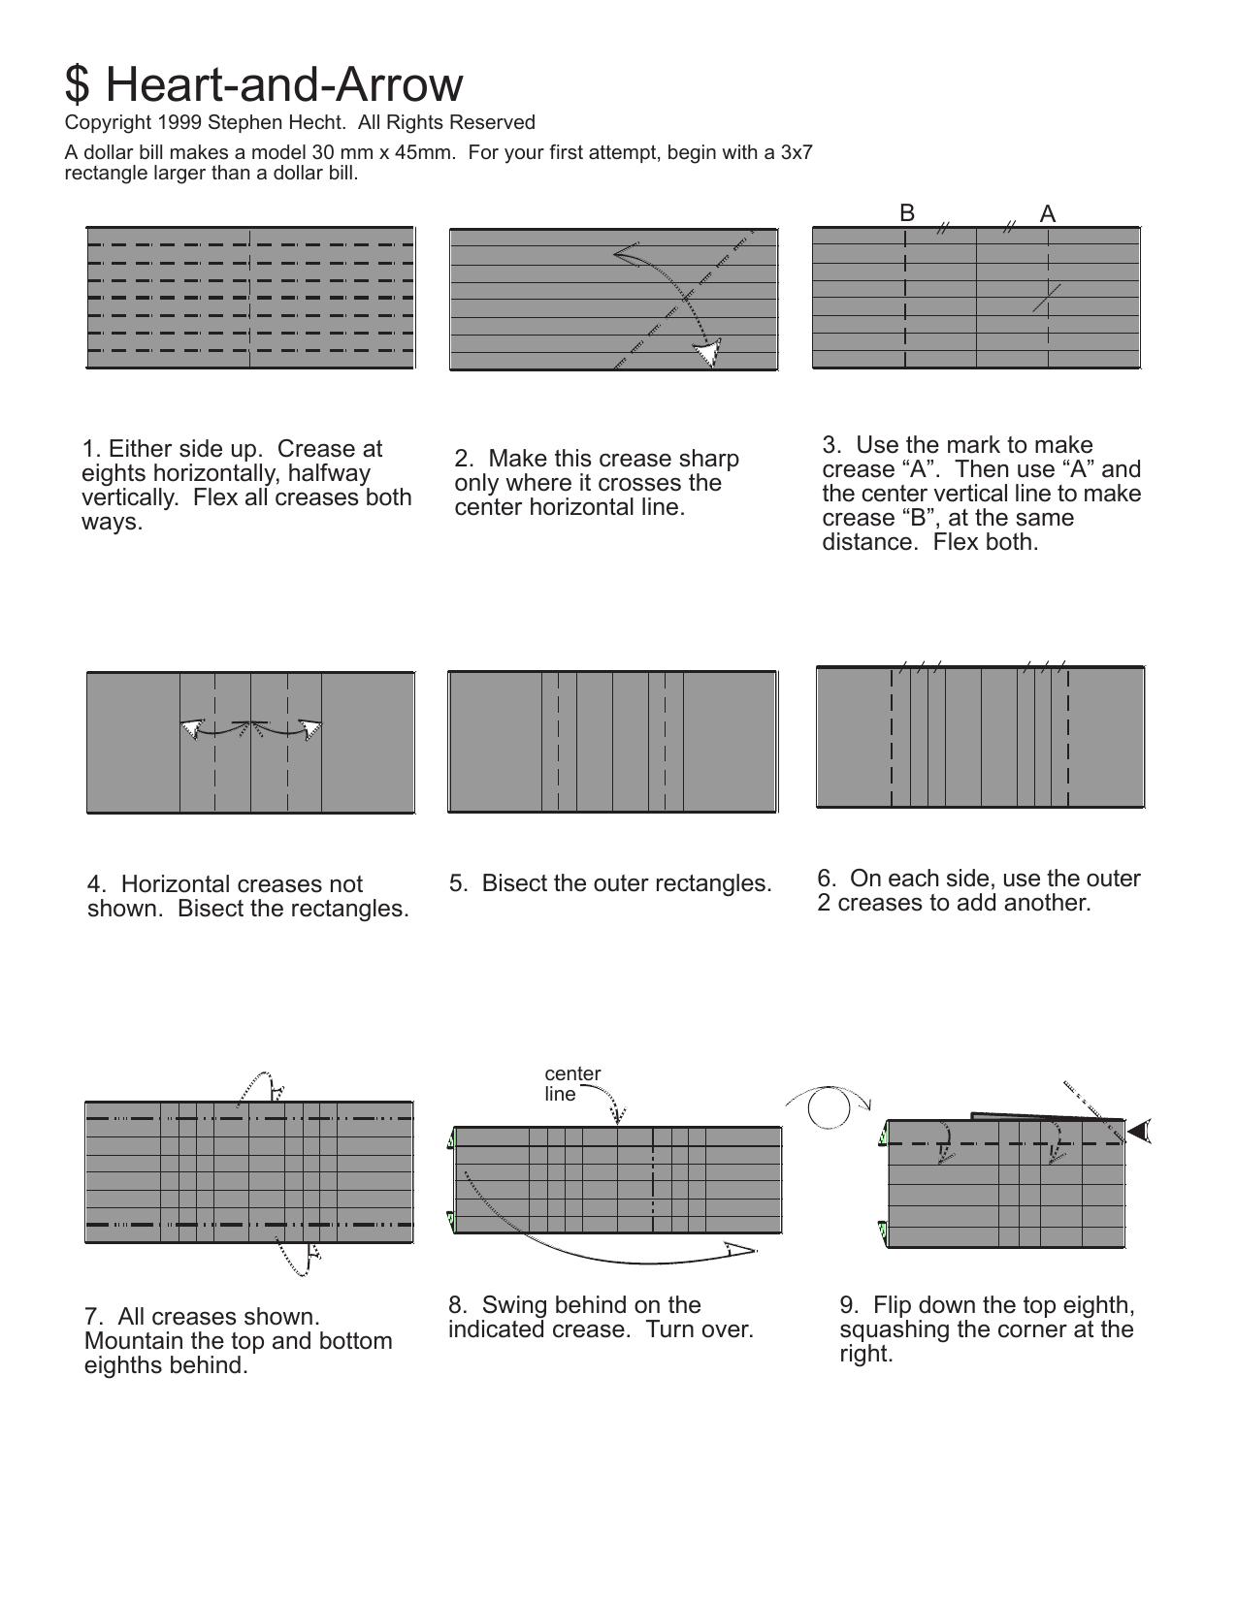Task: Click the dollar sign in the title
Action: [x=78, y=84]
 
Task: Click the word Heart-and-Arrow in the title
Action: [x=284, y=84]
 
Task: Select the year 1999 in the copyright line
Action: [x=179, y=122]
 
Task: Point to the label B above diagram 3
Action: [x=907, y=212]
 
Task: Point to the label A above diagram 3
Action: [x=1048, y=213]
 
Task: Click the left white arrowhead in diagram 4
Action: [x=191, y=729]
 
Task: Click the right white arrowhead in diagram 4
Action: [x=311, y=729]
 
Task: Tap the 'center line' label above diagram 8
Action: [x=572, y=1083]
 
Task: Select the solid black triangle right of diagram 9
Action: [x=1139, y=1131]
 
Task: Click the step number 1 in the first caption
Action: [x=91, y=448]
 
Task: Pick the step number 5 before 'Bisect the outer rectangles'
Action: [x=458, y=883]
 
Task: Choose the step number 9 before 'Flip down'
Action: [x=849, y=1305]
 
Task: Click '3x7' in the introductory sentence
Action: [x=797, y=152]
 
